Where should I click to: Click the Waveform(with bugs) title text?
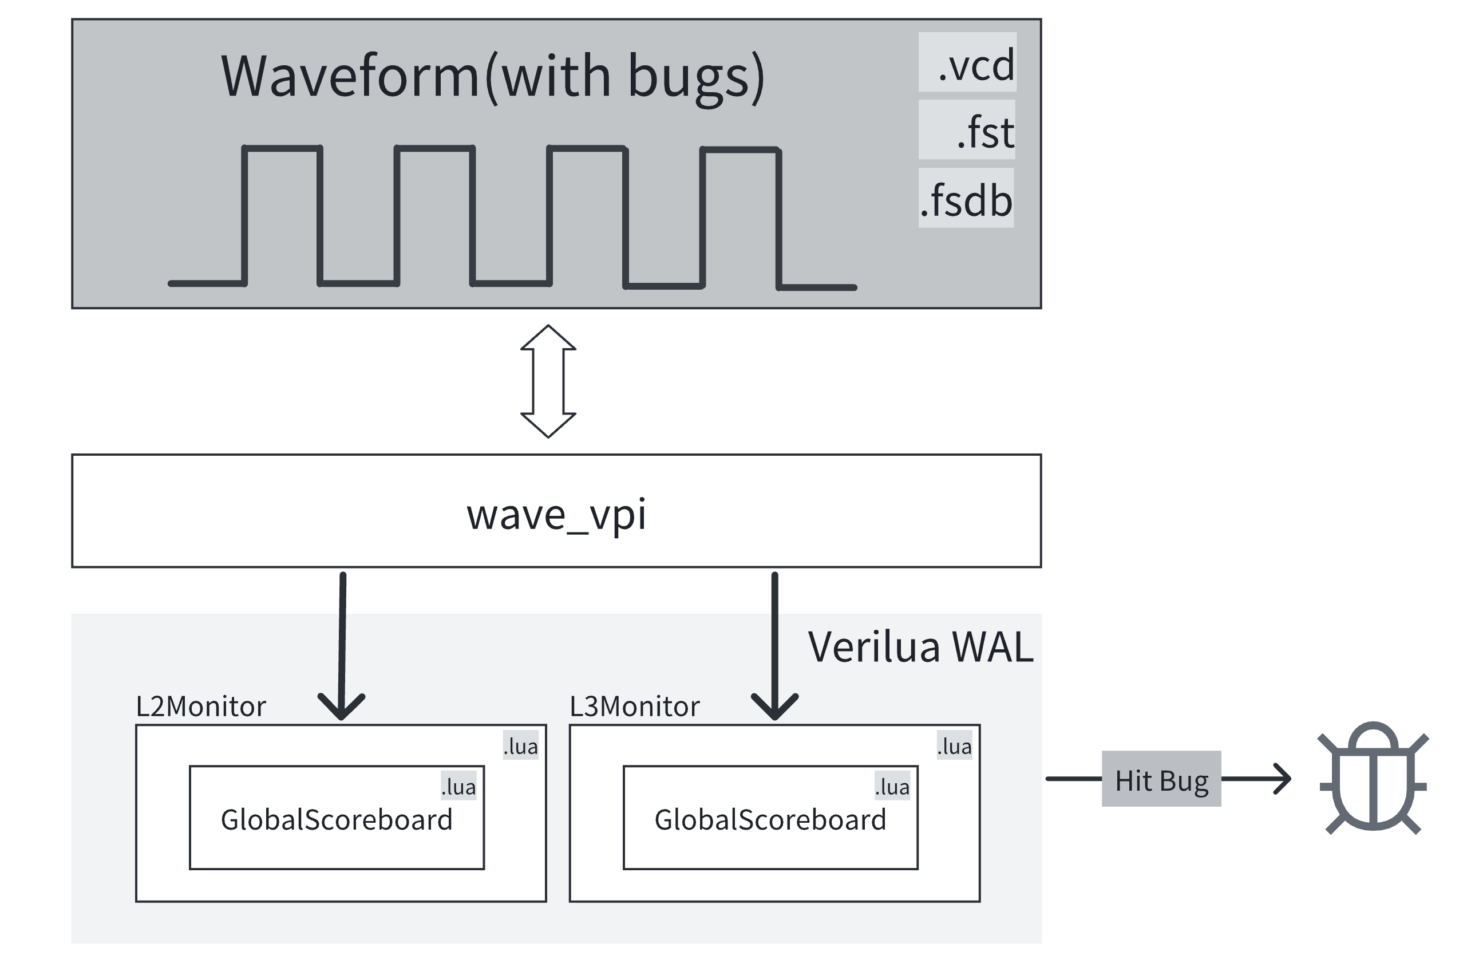click(492, 76)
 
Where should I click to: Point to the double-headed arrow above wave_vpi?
click(548, 381)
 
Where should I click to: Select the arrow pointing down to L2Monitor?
click(342, 646)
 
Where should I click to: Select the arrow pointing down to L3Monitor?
click(774, 646)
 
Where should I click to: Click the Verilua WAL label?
click(920, 648)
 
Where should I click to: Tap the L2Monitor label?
click(200, 707)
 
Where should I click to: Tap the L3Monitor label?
click(634, 707)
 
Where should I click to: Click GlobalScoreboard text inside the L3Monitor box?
click(770, 820)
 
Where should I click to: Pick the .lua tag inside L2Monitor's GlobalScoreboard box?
click(458, 787)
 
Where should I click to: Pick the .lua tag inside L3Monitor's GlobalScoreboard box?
click(892, 787)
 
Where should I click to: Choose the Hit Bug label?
click(1161, 779)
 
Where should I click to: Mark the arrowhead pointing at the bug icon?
click(1285, 779)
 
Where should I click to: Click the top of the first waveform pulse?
click(282, 148)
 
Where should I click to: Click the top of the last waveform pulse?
click(740, 149)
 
